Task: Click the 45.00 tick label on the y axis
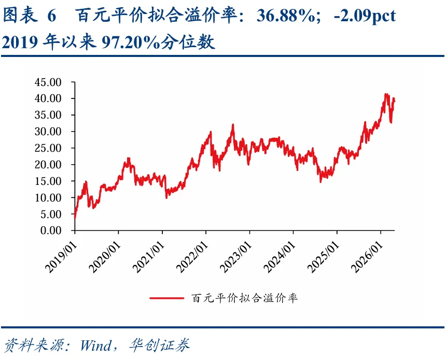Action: pyautogui.click(x=48, y=82)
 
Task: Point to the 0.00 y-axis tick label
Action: pyautogui.click(x=51, y=231)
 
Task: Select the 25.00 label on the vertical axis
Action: pyautogui.click(x=48, y=148)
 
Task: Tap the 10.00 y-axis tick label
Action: pyautogui.click(x=48, y=198)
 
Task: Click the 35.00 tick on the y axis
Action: pyautogui.click(x=48, y=115)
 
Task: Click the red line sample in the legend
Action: pyautogui.click(x=167, y=298)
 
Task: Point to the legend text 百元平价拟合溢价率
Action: pyautogui.click(x=245, y=298)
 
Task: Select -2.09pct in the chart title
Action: pyautogui.click(x=365, y=16)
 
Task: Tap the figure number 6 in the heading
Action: pyautogui.click(x=52, y=16)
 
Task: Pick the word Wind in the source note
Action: pyautogui.click(x=96, y=345)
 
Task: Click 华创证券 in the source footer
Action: pyautogui.click(x=160, y=345)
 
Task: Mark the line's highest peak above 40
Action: pyautogui.click(x=386, y=94)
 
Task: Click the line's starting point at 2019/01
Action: pyautogui.click(x=75, y=218)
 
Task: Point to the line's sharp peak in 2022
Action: pyautogui.click(x=233, y=125)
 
